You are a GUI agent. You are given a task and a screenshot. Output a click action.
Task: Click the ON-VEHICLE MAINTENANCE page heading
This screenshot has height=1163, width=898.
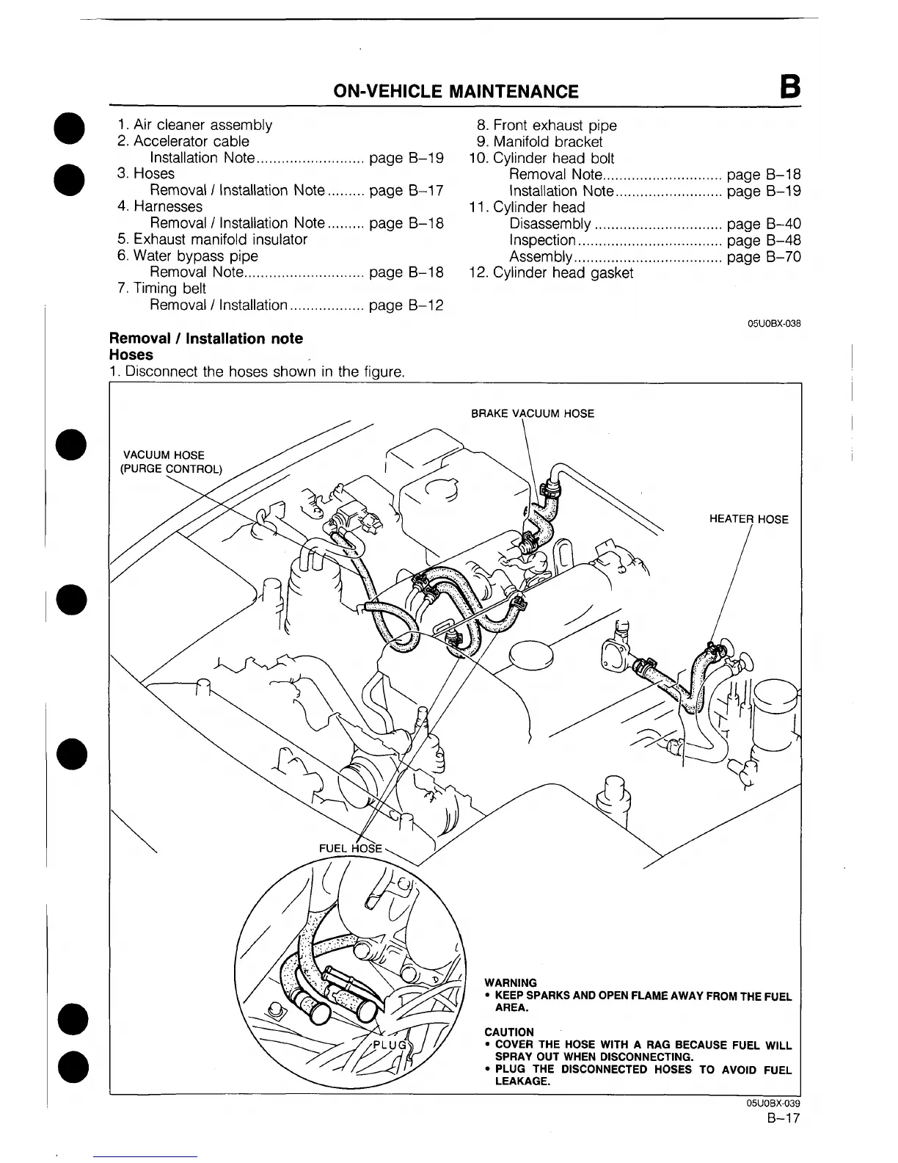pyautogui.click(x=456, y=91)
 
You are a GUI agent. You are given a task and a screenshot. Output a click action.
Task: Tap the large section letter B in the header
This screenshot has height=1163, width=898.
pyautogui.click(x=790, y=88)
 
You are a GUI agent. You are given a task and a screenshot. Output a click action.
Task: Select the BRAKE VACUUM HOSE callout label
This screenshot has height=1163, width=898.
pyautogui.click(x=532, y=413)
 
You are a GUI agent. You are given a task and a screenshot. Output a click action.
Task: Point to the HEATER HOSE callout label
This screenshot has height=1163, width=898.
pyautogui.click(x=748, y=519)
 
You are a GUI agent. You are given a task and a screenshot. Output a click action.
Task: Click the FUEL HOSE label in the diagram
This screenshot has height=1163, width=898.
pyautogui.click(x=351, y=848)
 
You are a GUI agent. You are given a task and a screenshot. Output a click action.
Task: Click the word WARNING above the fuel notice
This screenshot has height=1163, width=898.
pyautogui.click(x=511, y=982)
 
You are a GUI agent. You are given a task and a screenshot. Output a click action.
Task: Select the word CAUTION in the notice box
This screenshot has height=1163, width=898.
pyautogui.click(x=509, y=1032)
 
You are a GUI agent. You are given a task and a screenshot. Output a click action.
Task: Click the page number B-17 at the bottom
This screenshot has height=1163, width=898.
pyautogui.click(x=782, y=1119)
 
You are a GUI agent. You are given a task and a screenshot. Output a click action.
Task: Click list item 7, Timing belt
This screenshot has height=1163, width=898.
pyautogui.click(x=161, y=289)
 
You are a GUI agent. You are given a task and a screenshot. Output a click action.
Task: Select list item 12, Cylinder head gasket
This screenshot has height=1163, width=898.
pyautogui.click(x=551, y=273)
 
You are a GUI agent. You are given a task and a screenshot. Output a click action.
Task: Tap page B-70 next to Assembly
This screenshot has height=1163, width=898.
pyautogui.click(x=763, y=257)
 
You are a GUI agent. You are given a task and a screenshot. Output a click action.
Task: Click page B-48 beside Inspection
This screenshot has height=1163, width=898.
pyautogui.click(x=763, y=240)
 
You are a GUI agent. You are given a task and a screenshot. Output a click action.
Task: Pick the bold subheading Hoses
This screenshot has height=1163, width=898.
pyautogui.click(x=131, y=355)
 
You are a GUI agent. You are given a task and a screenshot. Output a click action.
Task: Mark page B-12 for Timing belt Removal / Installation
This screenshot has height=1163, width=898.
pyautogui.click(x=406, y=305)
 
